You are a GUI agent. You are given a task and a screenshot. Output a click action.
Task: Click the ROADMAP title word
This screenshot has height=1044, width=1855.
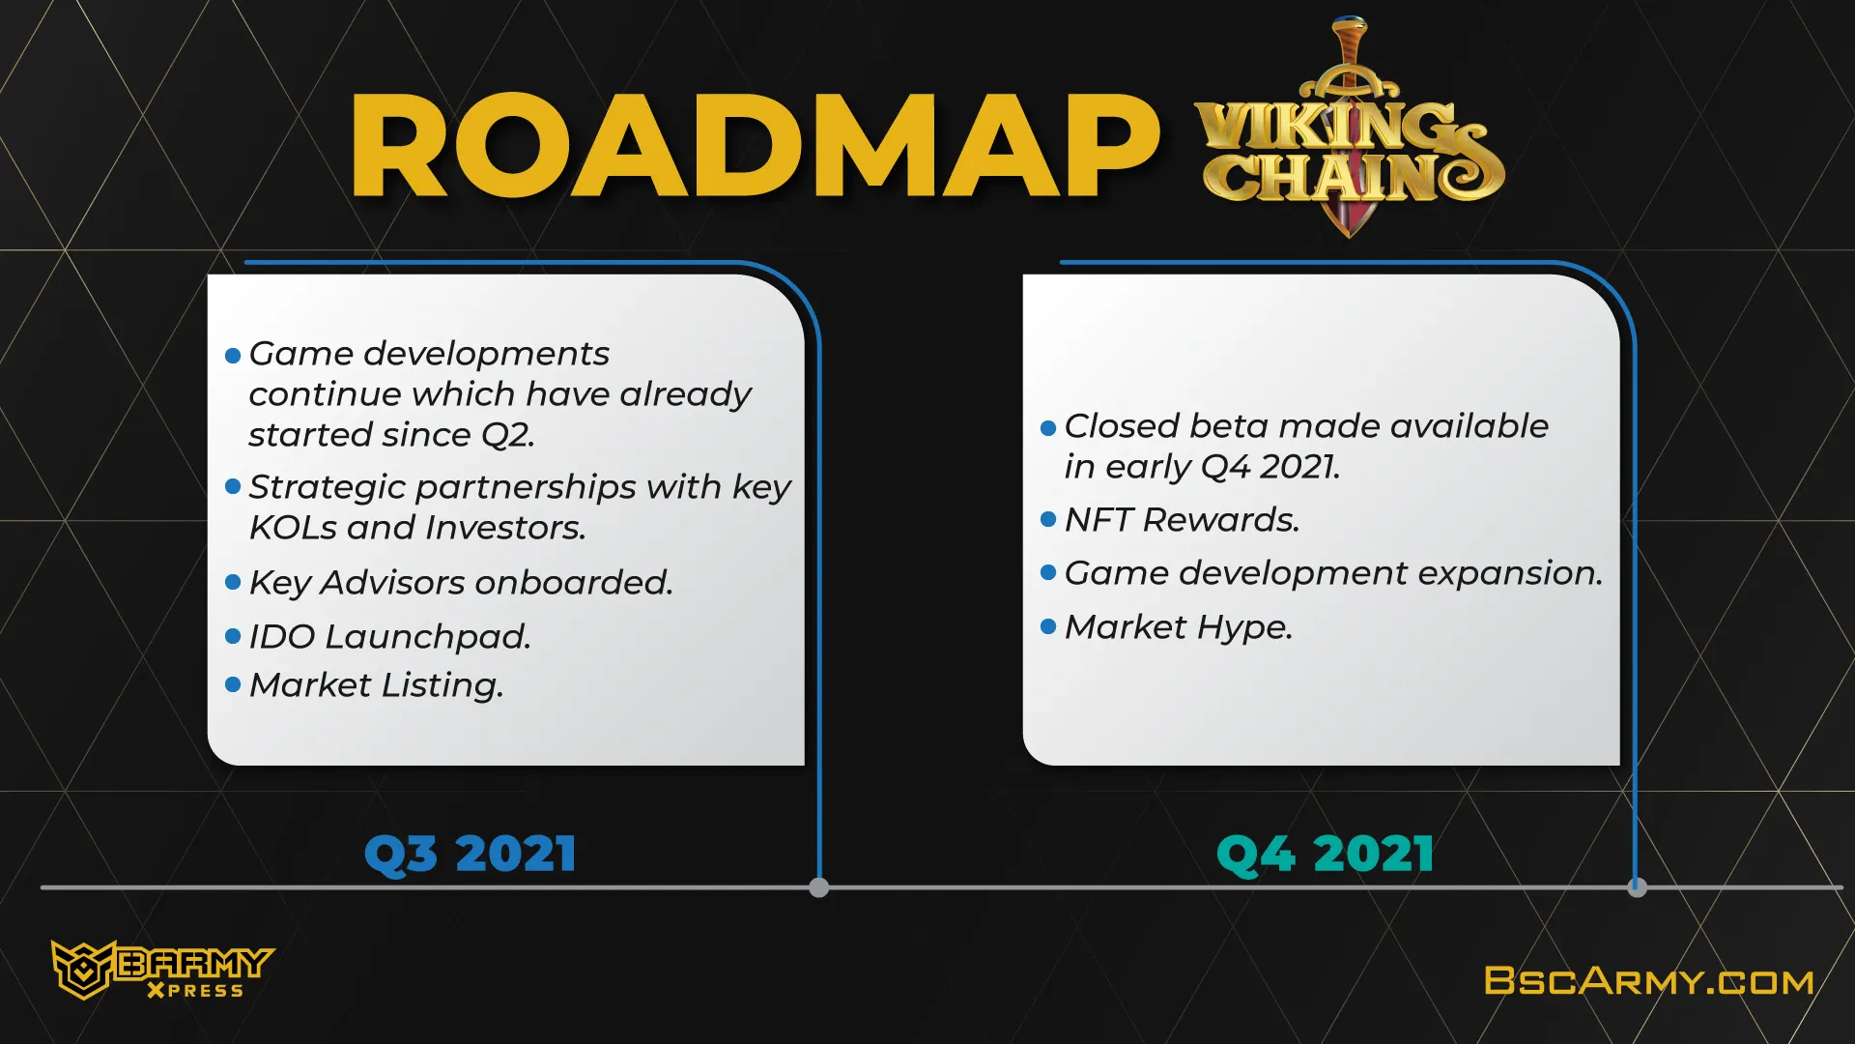(755, 146)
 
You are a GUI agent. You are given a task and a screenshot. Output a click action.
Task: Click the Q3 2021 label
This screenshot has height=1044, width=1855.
(471, 855)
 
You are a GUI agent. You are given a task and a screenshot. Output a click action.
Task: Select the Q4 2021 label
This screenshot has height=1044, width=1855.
(1325, 855)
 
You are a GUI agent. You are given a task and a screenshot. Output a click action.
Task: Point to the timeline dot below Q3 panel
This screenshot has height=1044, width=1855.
(819, 887)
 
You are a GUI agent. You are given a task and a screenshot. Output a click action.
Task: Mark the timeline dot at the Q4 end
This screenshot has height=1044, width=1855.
(1637, 887)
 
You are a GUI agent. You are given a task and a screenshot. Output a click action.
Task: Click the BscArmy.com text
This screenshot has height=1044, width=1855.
(1648, 981)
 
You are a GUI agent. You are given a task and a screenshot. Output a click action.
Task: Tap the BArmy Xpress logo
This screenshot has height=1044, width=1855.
(162, 970)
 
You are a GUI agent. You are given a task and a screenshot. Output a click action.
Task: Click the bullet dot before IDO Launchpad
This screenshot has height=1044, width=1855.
(233, 636)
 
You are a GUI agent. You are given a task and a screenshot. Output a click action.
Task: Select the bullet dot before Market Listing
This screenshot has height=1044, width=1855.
(233, 684)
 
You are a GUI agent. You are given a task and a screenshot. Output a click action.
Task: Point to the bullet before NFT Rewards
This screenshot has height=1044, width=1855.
(1048, 520)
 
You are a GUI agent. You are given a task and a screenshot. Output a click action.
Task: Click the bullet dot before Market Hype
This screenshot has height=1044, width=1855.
(1048, 626)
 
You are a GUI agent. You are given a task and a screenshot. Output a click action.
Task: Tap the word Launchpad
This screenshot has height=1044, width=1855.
(428, 637)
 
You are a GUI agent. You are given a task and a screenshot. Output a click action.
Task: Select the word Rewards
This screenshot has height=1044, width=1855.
(1221, 520)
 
